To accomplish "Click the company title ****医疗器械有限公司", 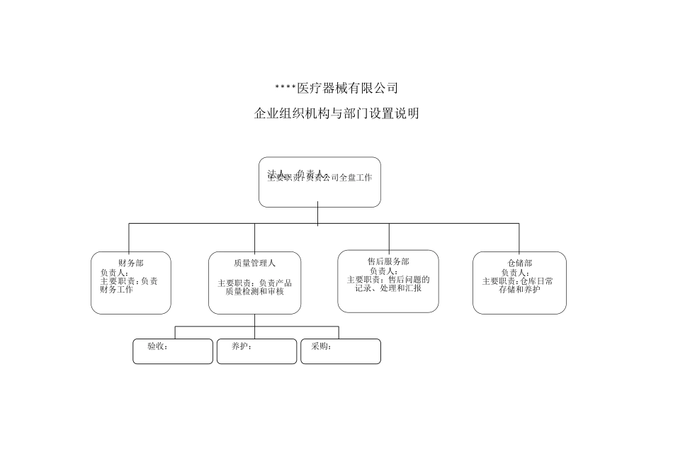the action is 336,89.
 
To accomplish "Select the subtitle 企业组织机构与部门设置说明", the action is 336,113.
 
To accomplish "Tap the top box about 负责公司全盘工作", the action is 319,182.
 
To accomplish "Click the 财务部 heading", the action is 130,263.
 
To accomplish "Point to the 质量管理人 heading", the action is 254,263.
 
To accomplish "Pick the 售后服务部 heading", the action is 388,261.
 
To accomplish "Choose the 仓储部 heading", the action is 519,263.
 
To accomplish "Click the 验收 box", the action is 173,351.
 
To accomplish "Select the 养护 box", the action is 256,351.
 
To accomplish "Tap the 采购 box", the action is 340,351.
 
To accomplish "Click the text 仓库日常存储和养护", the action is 519,285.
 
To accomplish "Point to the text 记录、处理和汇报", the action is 388,288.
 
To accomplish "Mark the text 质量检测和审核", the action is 254,291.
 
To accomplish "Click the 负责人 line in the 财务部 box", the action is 115,272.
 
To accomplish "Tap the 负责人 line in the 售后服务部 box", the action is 384,271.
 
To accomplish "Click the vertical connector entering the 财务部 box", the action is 129,238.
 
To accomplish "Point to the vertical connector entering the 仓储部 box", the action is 519,238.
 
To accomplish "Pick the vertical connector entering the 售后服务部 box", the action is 389,237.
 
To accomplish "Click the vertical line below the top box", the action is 318,215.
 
